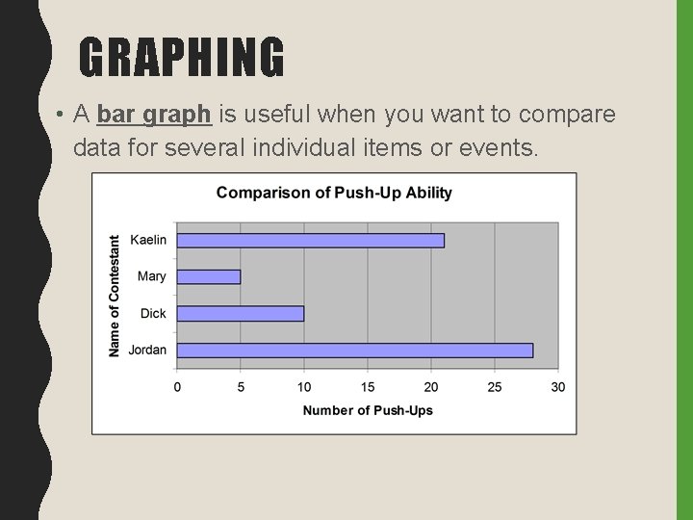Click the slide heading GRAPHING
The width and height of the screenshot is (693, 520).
(182, 57)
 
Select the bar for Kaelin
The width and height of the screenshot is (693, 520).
(311, 240)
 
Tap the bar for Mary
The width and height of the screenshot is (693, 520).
(209, 276)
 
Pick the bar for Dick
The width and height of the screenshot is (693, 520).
(241, 313)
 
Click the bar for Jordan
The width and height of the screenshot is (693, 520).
(355, 350)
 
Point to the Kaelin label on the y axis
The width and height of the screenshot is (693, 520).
(147, 240)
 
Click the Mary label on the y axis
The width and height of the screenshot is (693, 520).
(152, 276)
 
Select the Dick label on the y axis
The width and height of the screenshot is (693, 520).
(153, 313)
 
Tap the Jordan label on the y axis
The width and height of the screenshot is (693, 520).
(146, 350)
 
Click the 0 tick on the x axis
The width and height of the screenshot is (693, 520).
(177, 387)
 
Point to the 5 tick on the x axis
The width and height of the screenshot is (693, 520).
(241, 387)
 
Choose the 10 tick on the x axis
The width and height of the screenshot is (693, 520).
(304, 387)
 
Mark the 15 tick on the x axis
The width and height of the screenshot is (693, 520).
(368, 387)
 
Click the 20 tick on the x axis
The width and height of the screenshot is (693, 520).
(431, 387)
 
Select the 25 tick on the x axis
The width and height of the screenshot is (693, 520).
(495, 387)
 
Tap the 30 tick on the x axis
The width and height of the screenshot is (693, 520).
(558, 387)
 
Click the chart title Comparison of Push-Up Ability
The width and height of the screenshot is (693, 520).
(334, 193)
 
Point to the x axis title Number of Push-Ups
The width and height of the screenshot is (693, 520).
(368, 410)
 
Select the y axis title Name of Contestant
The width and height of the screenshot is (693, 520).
(115, 296)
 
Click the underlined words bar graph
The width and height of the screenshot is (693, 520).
(153, 116)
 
